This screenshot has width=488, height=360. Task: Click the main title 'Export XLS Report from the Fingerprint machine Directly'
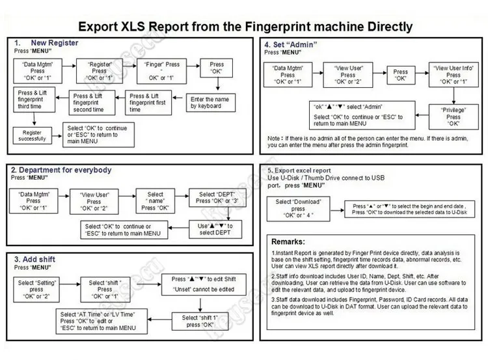click(245, 27)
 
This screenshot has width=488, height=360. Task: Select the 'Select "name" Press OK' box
click(156, 201)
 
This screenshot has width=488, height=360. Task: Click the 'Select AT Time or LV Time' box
click(98, 320)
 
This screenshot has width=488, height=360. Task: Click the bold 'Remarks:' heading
click(291, 241)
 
